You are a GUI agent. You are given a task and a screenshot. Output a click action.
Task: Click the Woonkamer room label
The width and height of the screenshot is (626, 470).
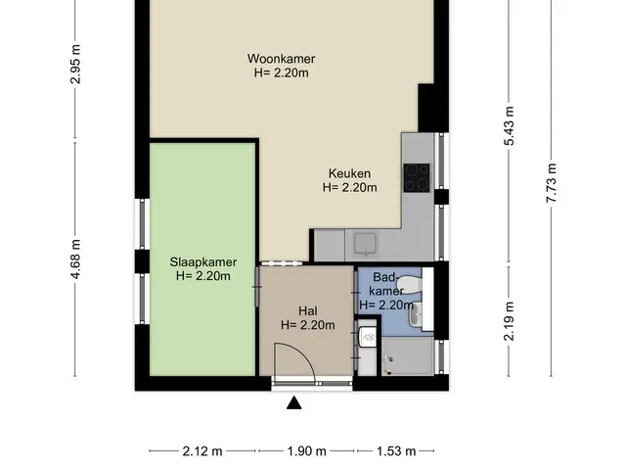click(281, 59)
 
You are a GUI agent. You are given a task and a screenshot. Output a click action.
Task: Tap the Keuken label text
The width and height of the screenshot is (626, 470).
click(349, 173)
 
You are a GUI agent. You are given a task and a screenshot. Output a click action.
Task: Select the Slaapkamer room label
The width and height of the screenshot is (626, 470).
click(203, 262)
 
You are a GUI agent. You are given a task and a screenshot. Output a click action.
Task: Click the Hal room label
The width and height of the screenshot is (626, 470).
click(308, 311)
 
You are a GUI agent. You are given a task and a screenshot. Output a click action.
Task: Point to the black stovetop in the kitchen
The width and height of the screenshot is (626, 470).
click(417, 178)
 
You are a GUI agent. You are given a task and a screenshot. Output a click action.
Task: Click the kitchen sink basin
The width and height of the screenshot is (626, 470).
click(365, 244)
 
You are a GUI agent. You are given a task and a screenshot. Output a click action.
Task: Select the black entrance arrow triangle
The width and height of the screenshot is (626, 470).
click(293, 402)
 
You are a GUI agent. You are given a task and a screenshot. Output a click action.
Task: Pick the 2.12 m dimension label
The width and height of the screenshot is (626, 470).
click(202, 451)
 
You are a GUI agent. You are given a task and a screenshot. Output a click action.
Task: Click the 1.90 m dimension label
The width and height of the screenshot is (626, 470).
click(306, 451)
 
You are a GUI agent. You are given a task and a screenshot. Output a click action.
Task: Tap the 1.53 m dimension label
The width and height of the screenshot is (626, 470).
click(396, 451)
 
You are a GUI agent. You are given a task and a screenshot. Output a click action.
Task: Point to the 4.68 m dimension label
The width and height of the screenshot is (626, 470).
click(75, 258)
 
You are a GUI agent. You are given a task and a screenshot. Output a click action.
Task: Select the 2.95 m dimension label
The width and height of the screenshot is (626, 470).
click(75, 65)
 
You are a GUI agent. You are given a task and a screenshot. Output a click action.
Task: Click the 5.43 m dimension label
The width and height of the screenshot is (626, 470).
click(509, 126)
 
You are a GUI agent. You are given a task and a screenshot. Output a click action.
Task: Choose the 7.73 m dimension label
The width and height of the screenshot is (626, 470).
click(552, 183)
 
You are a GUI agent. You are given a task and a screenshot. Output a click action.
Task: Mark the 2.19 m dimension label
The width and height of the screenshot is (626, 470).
click(509, 321)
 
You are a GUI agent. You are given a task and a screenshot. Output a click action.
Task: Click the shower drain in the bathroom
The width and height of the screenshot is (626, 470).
click(387, 359)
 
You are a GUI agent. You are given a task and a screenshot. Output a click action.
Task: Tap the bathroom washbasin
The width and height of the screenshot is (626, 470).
click(416, 314)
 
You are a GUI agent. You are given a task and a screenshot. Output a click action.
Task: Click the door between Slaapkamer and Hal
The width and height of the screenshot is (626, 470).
click(257, 287)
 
